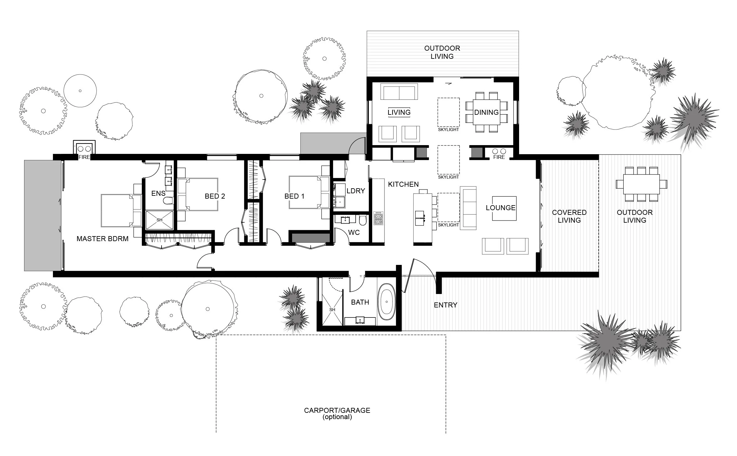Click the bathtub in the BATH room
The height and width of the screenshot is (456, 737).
pyautogui.click(x=387, y=302)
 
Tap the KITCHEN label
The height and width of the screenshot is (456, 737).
pyautogui.click(x=403, y=185)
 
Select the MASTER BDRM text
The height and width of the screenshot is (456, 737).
pyautogui.click(x=102, y=239)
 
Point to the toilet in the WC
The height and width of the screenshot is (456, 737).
pyautogui.click(x=363, y=220)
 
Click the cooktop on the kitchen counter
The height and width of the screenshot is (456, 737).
pyautogui.click(x=378, y=218)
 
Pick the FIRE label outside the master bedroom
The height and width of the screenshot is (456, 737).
pyautogui.click(x=84, y=157)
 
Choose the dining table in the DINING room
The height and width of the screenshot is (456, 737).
pyautogui.click(x=486, y=112)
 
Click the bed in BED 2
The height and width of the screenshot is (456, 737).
pyautogui.click(x=198, y=194)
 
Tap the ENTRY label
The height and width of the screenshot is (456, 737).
pyautogui.click(x=446, y=305)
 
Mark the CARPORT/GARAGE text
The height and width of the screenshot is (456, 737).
pyautogui.click(x=337, y=410)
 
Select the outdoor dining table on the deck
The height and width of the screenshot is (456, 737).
pyautogui.click(x=641, y=184)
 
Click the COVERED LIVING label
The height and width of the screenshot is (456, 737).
pyautogui.click(x=569, y=216)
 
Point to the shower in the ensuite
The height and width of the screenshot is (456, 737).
pyautogui.click(x=159, y=220)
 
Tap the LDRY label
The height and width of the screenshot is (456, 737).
pyautogui.click(x=356, y=191)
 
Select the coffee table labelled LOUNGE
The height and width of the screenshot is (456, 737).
pyautogui.click(x=504, y=208)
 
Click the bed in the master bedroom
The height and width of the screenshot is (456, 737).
pyautogui.click(x=117, y=210)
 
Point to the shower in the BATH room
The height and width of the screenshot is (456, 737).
pyautogui.click(x=332, y=310)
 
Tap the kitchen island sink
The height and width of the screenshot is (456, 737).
pyautogui.click(x=420, y=218)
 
